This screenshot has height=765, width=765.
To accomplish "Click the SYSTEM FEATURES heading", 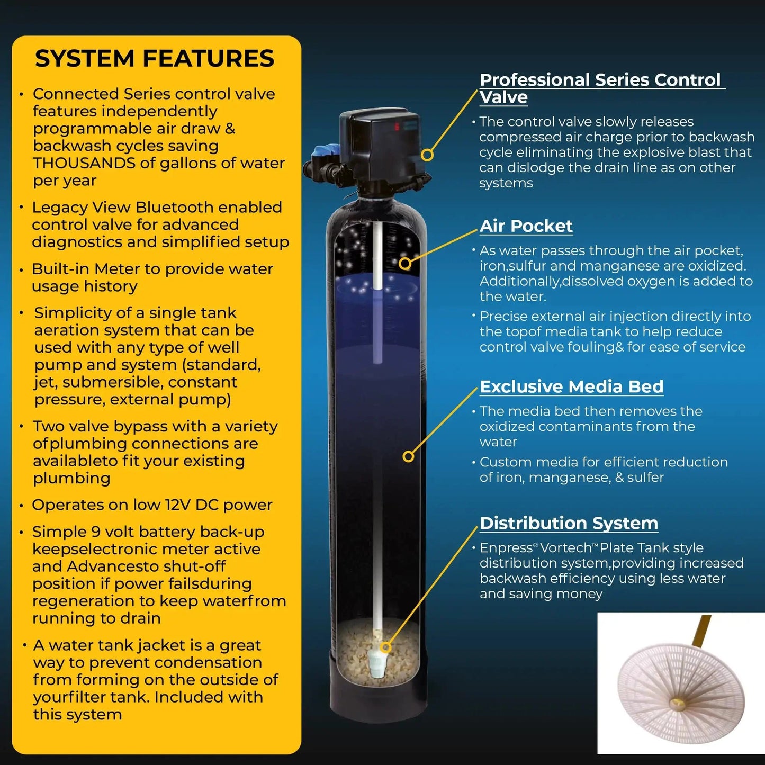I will [155, 58].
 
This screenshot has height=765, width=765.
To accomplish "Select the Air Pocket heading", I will [526, 226].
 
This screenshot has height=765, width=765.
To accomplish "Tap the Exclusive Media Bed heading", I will [571, 386].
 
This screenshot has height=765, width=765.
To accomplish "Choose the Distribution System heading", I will [569, 523].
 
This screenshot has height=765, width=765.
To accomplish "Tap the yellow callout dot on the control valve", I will [427, 155].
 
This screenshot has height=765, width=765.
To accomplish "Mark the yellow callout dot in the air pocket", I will [405, 263].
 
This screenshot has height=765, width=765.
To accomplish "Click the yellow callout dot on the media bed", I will [408, 456].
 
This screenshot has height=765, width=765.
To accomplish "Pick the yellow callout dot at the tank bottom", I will [386, 647].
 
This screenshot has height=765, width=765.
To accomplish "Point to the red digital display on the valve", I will [397, 127].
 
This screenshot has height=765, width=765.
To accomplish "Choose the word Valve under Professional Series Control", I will [503, 97].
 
